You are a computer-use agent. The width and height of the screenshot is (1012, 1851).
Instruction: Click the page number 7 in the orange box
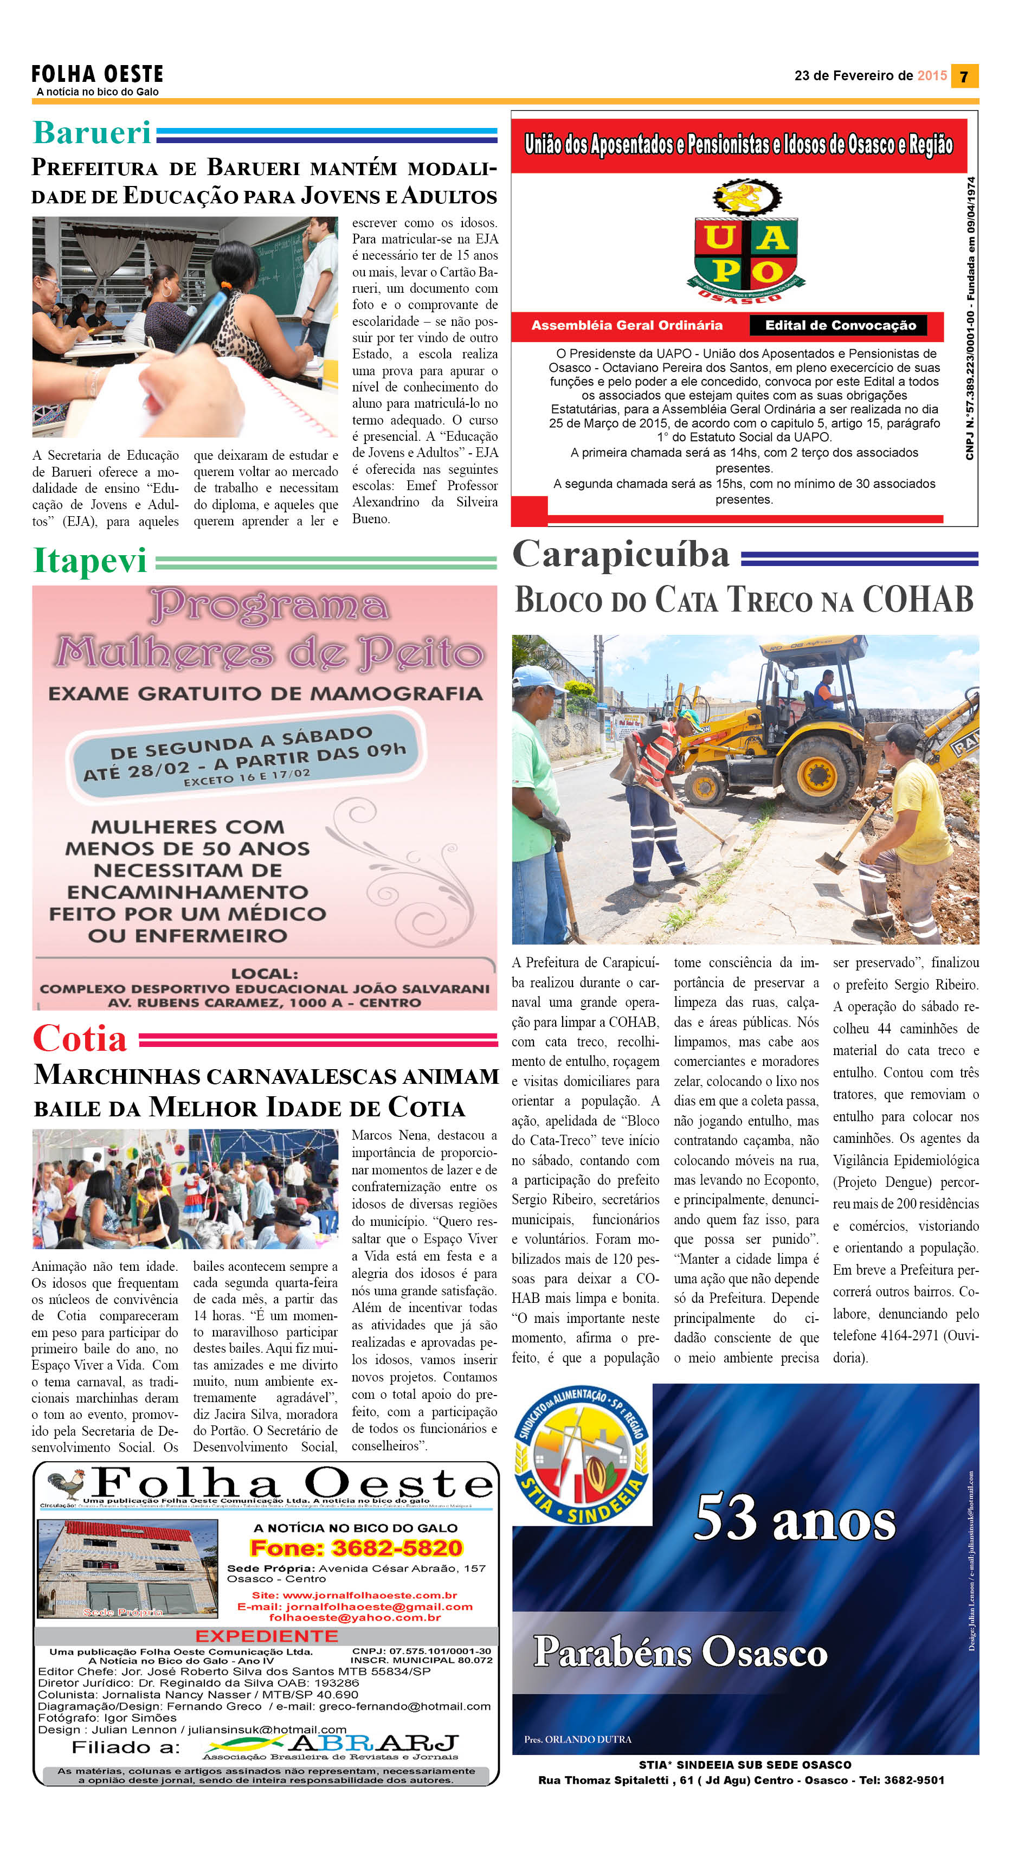964,76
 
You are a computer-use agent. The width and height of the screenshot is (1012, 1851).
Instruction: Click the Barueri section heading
92,133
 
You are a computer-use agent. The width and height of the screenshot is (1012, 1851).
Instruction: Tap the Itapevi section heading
90,561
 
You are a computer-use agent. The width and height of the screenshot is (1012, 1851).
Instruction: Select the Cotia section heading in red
80,1038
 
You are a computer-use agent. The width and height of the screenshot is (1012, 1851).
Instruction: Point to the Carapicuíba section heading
621,555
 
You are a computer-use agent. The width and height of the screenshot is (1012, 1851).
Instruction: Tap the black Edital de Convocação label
840,325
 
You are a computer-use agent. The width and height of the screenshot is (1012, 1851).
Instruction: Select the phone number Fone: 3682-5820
356,1548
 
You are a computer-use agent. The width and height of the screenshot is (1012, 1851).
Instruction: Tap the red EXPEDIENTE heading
267,1636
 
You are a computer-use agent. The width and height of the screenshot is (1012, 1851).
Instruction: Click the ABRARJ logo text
373,1743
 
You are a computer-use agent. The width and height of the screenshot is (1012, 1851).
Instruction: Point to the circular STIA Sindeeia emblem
582,1456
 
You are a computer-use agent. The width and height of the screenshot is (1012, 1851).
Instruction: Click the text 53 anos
795,1518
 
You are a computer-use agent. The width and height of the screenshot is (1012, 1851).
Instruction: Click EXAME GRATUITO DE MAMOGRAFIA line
265,693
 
